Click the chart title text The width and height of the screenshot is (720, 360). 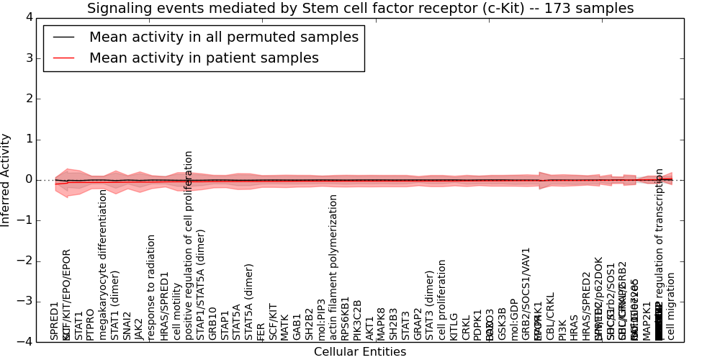(360, 9)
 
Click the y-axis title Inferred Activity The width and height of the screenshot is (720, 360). (6, 179)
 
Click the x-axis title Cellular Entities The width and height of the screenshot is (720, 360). (359, 352)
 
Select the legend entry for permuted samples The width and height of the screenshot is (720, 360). (223, 37)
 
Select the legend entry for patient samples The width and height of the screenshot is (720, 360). (204, 58)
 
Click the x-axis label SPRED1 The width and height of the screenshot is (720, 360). (55, 321)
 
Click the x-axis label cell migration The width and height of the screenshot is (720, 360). (671, 306)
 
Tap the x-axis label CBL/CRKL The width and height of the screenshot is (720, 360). (551, 316)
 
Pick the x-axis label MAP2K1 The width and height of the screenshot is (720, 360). (647, 321)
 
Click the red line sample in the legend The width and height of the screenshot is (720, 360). (63, 58)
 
